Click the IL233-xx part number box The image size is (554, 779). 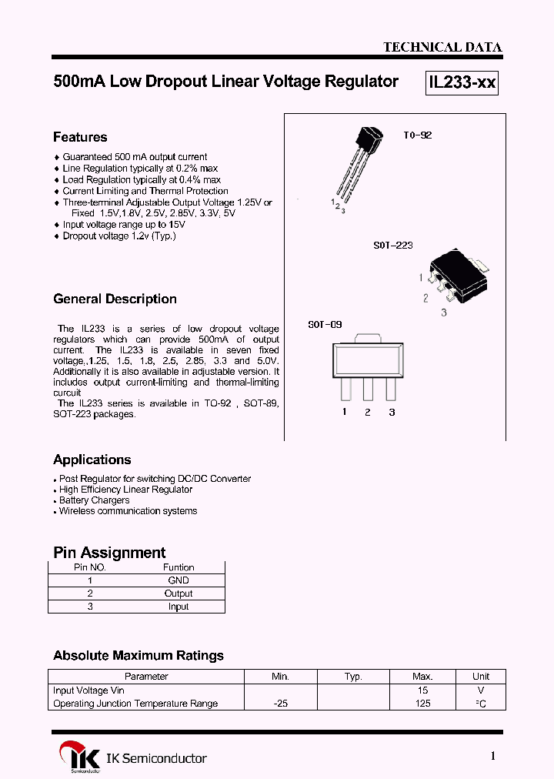pyautogui.click(x=462, y=82)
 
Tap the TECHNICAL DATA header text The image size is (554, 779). pyautogui.click(x=442, y=47)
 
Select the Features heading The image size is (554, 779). pyautogui.click(x=80, y=137)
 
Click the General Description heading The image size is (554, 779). pyautogui.click(x=115, y=299)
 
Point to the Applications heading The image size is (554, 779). pyautogui.click(x=92, y=460)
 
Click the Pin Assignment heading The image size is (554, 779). pyautogui.click(x=109, y=552)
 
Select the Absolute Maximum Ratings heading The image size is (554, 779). pyautogui.click(x=138, y=655)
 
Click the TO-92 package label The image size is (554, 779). pyautogui.click(x=418, y=135)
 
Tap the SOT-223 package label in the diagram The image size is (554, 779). pyautogui.click(x=393, y=245)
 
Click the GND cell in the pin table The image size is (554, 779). pyautogui.click(x=179, y=580)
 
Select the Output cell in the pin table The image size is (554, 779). pyautogui.click(x=179, y=593)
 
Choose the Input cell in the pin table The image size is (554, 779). pyautogui.click(x=179, y=607)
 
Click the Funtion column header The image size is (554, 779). pyautogui.click(x=179, y=567)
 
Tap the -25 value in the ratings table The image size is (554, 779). pyautogui.click(x=280, y=704)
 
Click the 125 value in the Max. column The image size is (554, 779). pyautogui.click(x=422, y=704)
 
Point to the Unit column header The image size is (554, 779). pyautogui.click(x=481, y=677)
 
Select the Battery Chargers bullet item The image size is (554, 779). pyautogui.click(x=94, y=500)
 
